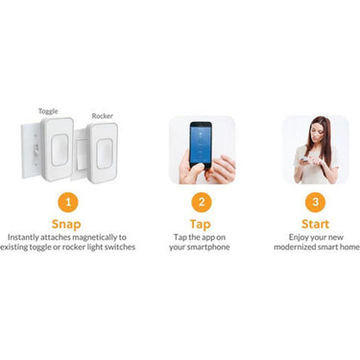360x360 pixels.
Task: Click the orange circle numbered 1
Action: (68, 203)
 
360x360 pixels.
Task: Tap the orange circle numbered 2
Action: (202, 203)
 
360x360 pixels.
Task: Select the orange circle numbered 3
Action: (315, 203)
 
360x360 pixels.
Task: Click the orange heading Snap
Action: (66, 225)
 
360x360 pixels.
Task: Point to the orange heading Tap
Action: (200, 225)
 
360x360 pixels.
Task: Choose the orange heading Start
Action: (315, 224)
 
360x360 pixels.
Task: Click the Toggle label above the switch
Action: (48, 111)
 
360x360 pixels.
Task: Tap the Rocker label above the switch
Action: (103, 116)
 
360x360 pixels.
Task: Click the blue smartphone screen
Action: (201, 144)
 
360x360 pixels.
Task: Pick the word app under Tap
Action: (205, 238)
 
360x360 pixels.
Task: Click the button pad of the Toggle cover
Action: (60, 150)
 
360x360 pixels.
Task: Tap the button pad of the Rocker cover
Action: (105, 154)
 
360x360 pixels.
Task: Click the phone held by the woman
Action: (304, 159)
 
